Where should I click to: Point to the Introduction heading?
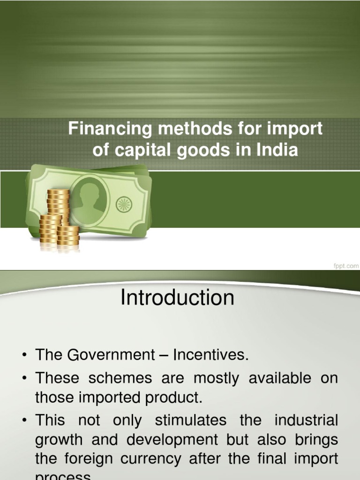tap(177, 298)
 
